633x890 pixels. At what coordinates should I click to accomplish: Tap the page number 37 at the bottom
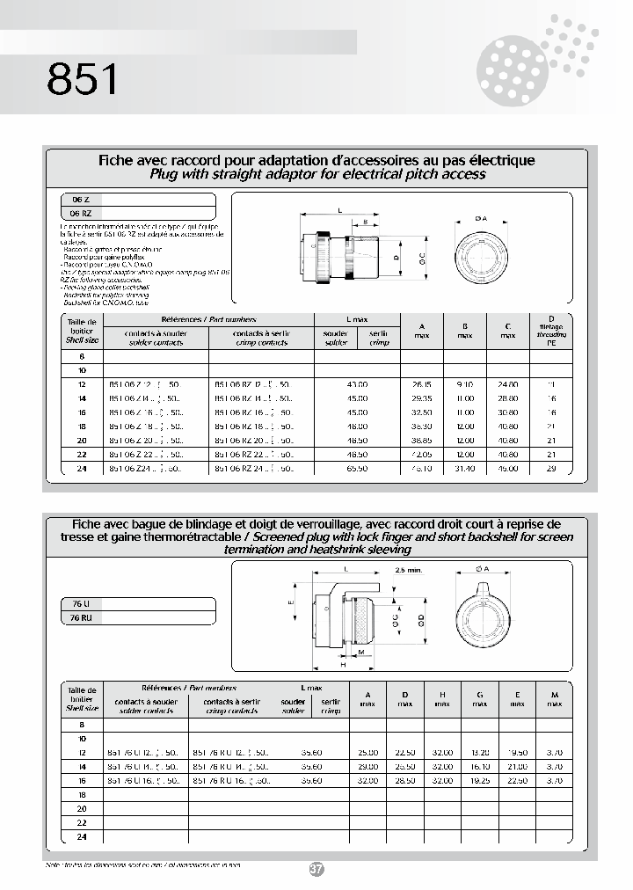(x=316, y=869)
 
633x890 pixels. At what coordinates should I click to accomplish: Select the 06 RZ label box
(x=75, y=213)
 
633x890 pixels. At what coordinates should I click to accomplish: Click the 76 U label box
(x=69, y=604)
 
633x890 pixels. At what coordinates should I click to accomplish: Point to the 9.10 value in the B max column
(x=465, y=384)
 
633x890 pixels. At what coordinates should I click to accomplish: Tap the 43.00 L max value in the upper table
(x=357, y=384)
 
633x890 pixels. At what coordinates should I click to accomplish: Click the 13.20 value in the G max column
(x=479, y=753)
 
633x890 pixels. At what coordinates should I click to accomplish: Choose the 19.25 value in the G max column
(x=479, y=780)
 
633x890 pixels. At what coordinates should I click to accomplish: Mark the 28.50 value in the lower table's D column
(x=405, y=780)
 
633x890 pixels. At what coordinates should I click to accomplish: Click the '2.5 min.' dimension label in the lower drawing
(x=409, y=570)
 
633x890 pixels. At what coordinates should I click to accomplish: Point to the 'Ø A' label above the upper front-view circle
(x=480, y=216)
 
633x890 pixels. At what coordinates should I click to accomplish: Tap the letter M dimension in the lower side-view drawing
(x=361, y=653)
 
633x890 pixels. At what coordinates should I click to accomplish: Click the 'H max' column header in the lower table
(x=442, y=699)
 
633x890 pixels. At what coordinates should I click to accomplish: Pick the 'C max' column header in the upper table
(x=508, y=330)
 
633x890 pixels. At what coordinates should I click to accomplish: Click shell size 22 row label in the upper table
(x=83, y=456)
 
